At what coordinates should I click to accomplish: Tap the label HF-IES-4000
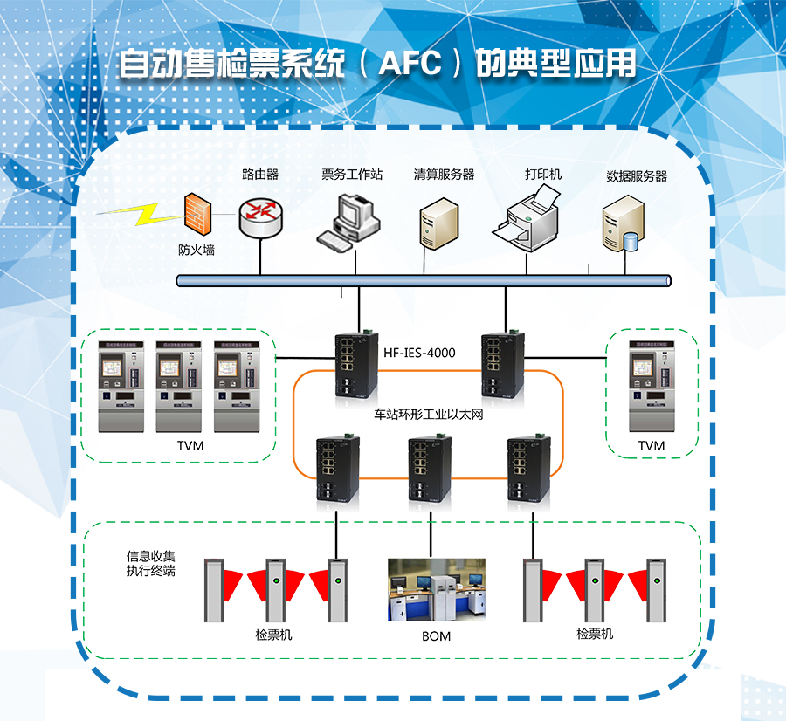click(x=419, y=354)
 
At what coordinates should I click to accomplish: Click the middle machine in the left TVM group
click(x=181, y=386)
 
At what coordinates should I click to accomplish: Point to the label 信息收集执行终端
click(x=151, y=563)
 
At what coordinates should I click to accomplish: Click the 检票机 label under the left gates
click(x=273, y=635)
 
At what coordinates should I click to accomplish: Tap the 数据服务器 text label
click(x=637, y=175)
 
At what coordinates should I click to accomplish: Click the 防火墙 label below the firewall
click(x=196, y=250)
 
